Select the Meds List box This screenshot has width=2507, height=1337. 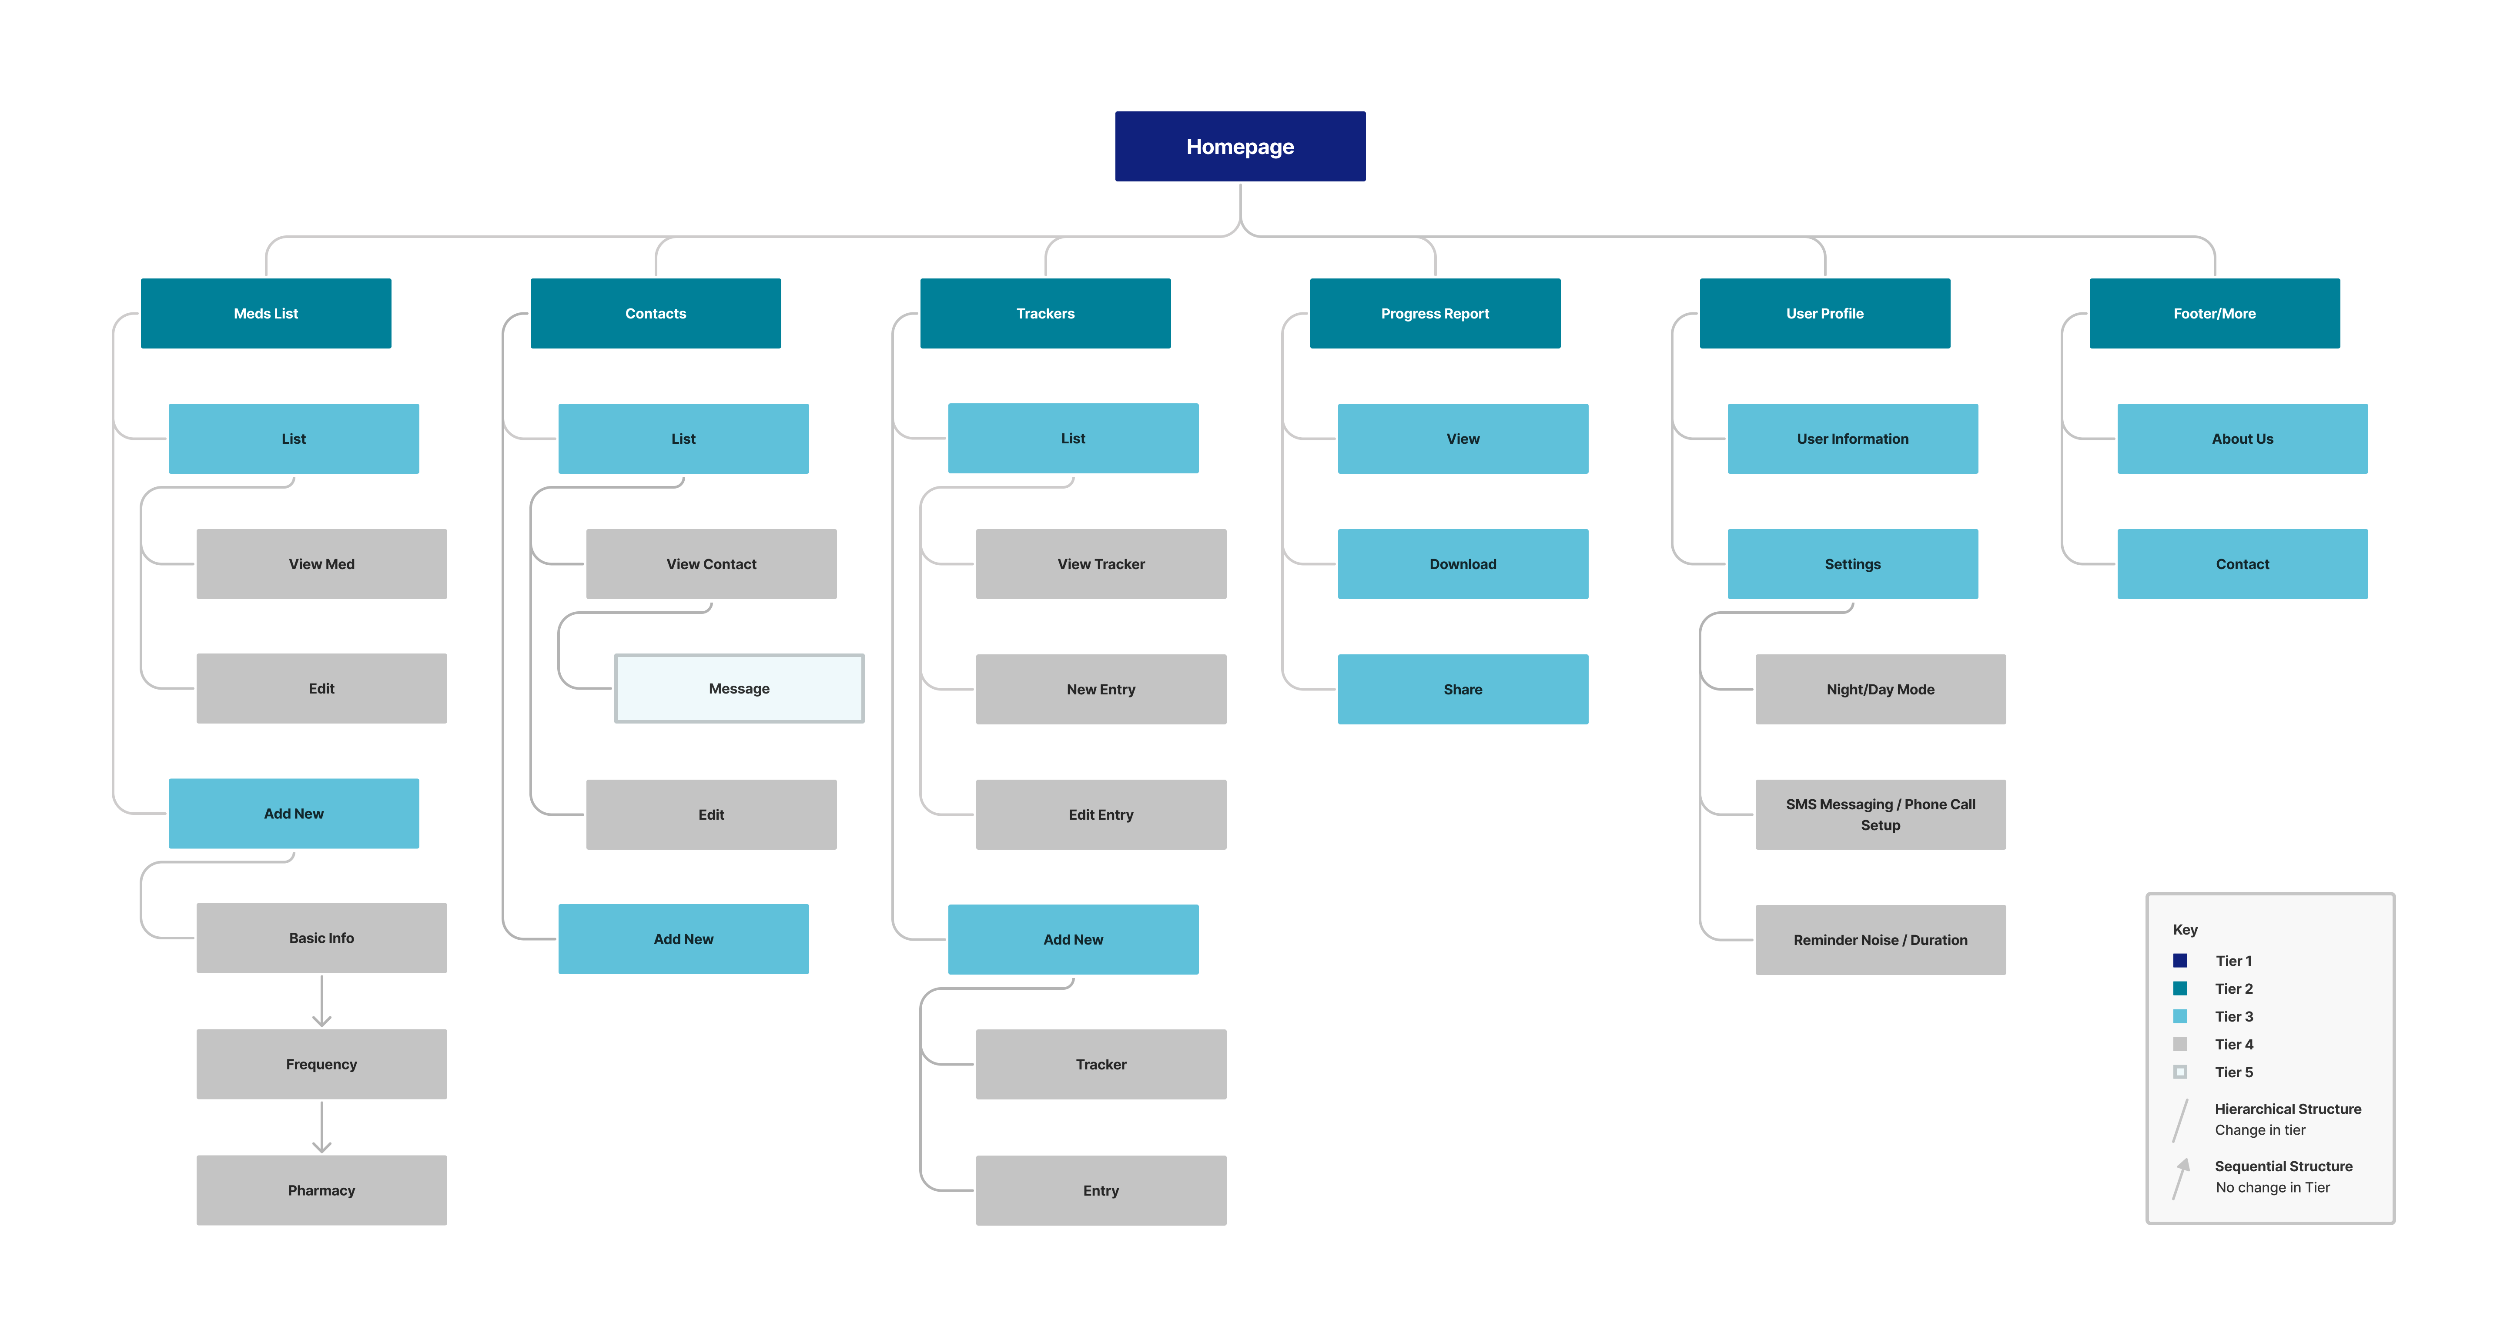point(266,313)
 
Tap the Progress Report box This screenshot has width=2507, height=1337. point(1435,313)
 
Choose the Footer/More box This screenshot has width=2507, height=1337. point(2214,313)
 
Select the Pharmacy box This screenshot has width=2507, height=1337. point(321,1190)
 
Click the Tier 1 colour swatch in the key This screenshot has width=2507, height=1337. point(2180,960)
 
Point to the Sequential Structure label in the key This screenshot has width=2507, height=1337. point(2283,1166)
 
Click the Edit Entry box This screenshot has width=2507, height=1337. point(1101,814)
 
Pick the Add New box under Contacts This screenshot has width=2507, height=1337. point(683,939)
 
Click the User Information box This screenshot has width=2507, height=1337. point(1852,439)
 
